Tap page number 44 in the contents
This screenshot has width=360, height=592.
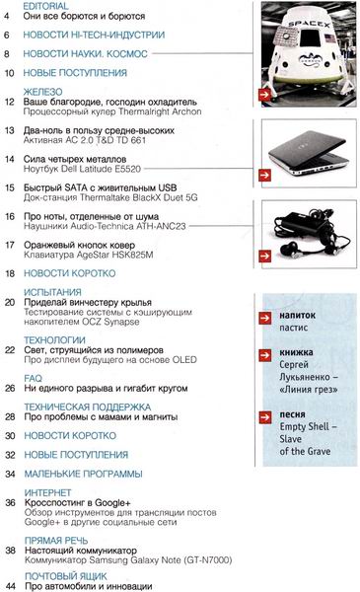click(9, 587)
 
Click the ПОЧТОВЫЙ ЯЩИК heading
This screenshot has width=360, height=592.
click(70, 575)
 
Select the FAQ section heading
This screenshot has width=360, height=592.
click(34, 377)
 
